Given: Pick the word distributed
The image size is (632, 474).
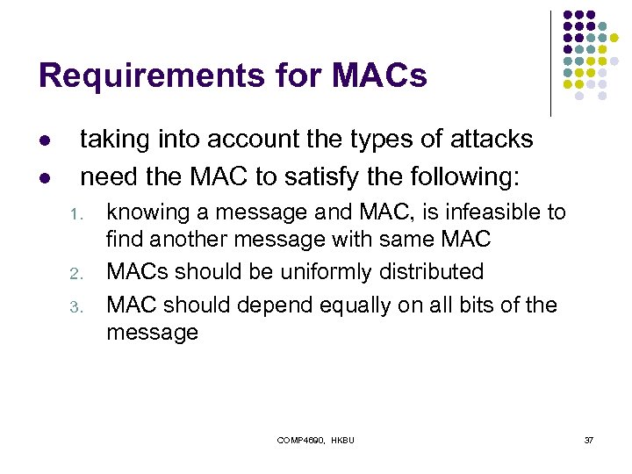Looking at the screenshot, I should click(431, 272).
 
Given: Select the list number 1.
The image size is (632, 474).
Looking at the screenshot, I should click(76, 214).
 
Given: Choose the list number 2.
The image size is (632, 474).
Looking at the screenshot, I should click(76, 274).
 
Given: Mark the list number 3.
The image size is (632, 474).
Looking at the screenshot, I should click(76, 306).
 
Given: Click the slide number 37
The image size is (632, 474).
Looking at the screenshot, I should click(589, 439).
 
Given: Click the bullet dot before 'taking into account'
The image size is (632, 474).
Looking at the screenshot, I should click(46, 140).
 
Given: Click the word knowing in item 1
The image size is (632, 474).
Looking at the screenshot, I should click(143, 212).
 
